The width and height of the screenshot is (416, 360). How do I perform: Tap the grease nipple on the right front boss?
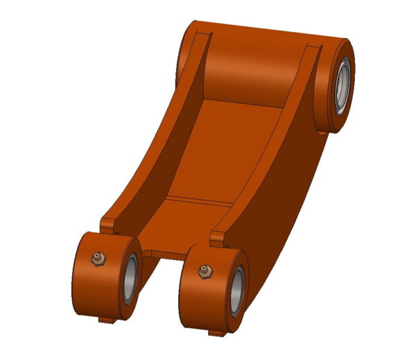204,270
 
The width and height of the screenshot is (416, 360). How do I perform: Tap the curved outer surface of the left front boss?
90,291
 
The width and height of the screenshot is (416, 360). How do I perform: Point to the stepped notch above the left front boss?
109,223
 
